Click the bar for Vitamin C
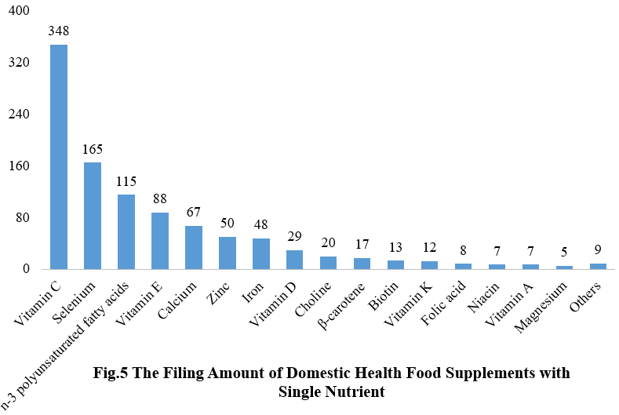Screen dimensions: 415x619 (x=59, y=157)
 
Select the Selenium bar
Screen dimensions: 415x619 (x=93, y=216)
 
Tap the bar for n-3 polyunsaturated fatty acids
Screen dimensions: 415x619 (x=126, y=231)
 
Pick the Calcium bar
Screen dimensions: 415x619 (x=194, y=247)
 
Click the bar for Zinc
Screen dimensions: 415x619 (x=228, y=253)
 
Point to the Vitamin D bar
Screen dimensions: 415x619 (x=295, y=260)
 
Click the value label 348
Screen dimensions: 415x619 (x=59, y=32)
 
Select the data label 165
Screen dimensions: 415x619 (x=93, y=149)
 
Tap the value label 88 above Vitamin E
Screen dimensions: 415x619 (x=160, y=199)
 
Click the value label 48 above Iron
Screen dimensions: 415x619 (x=261, y=225)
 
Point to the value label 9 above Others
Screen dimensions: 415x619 (x=599, y=250)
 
